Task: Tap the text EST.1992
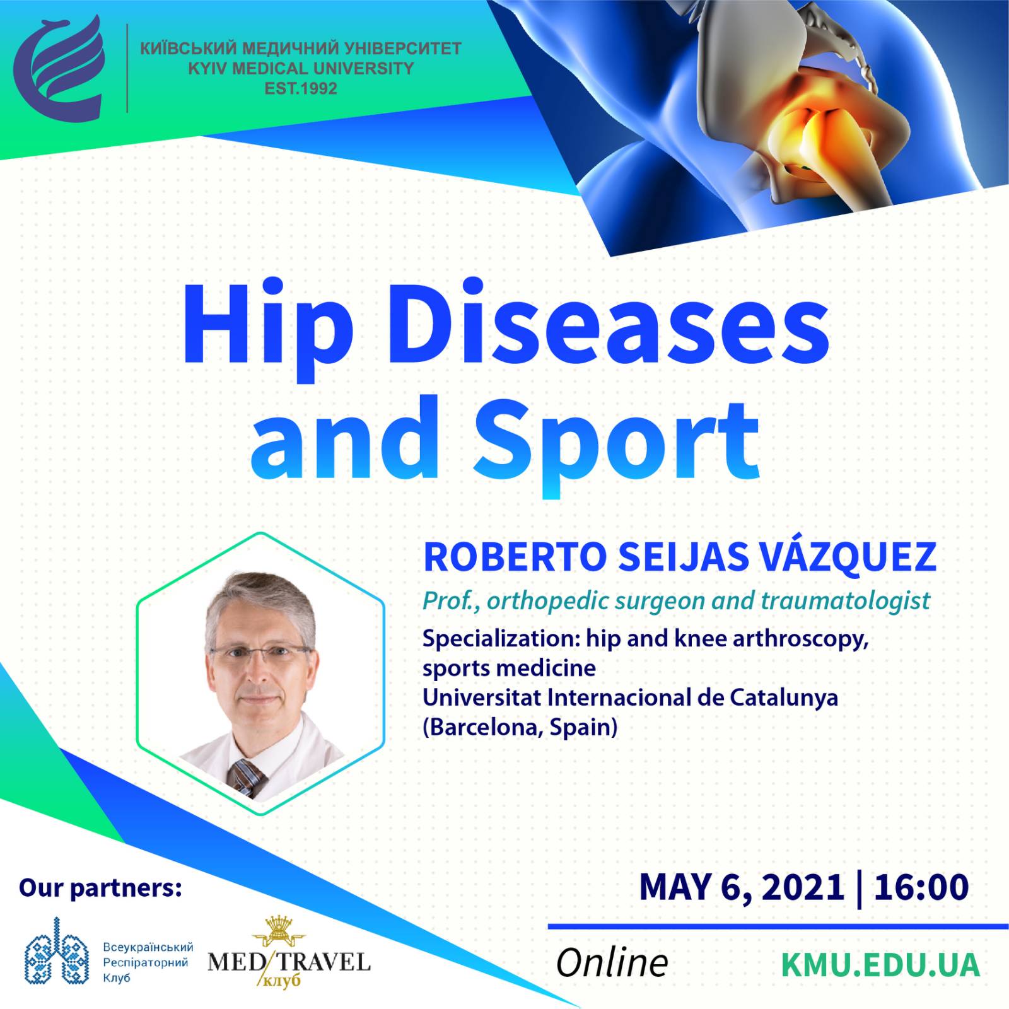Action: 301,89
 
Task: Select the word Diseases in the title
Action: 609,322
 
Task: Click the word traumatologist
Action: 846,600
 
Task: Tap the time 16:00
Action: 921,887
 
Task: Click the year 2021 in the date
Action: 803,887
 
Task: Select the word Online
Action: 612,963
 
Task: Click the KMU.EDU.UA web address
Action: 880,965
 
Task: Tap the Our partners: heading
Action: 100,887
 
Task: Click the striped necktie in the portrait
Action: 247,778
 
